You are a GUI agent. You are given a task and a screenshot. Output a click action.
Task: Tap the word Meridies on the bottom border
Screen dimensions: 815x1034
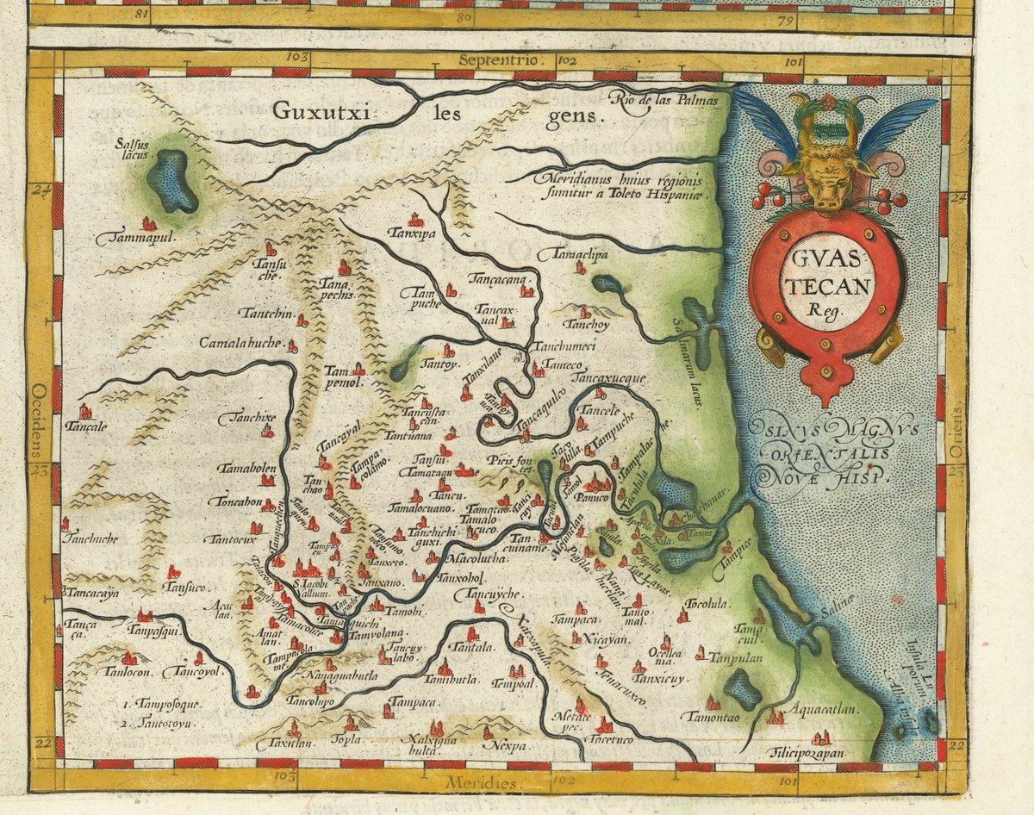click(x=483, y=782)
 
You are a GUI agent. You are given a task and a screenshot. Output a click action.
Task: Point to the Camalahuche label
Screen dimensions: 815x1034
click(x=240, y=343)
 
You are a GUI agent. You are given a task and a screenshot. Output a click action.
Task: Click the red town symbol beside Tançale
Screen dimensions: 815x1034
click(x=84, y=411)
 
